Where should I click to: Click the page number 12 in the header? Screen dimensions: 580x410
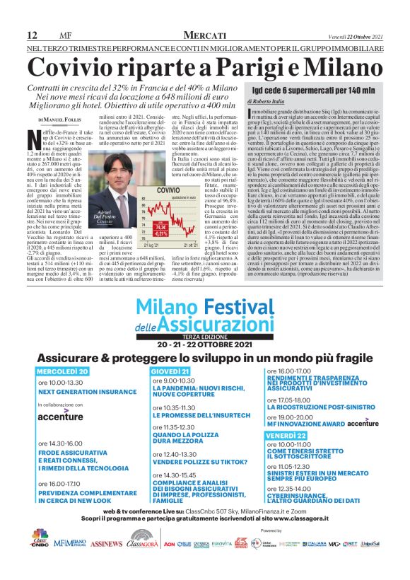(32, 36)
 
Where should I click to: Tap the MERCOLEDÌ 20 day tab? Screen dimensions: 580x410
(62, 371)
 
